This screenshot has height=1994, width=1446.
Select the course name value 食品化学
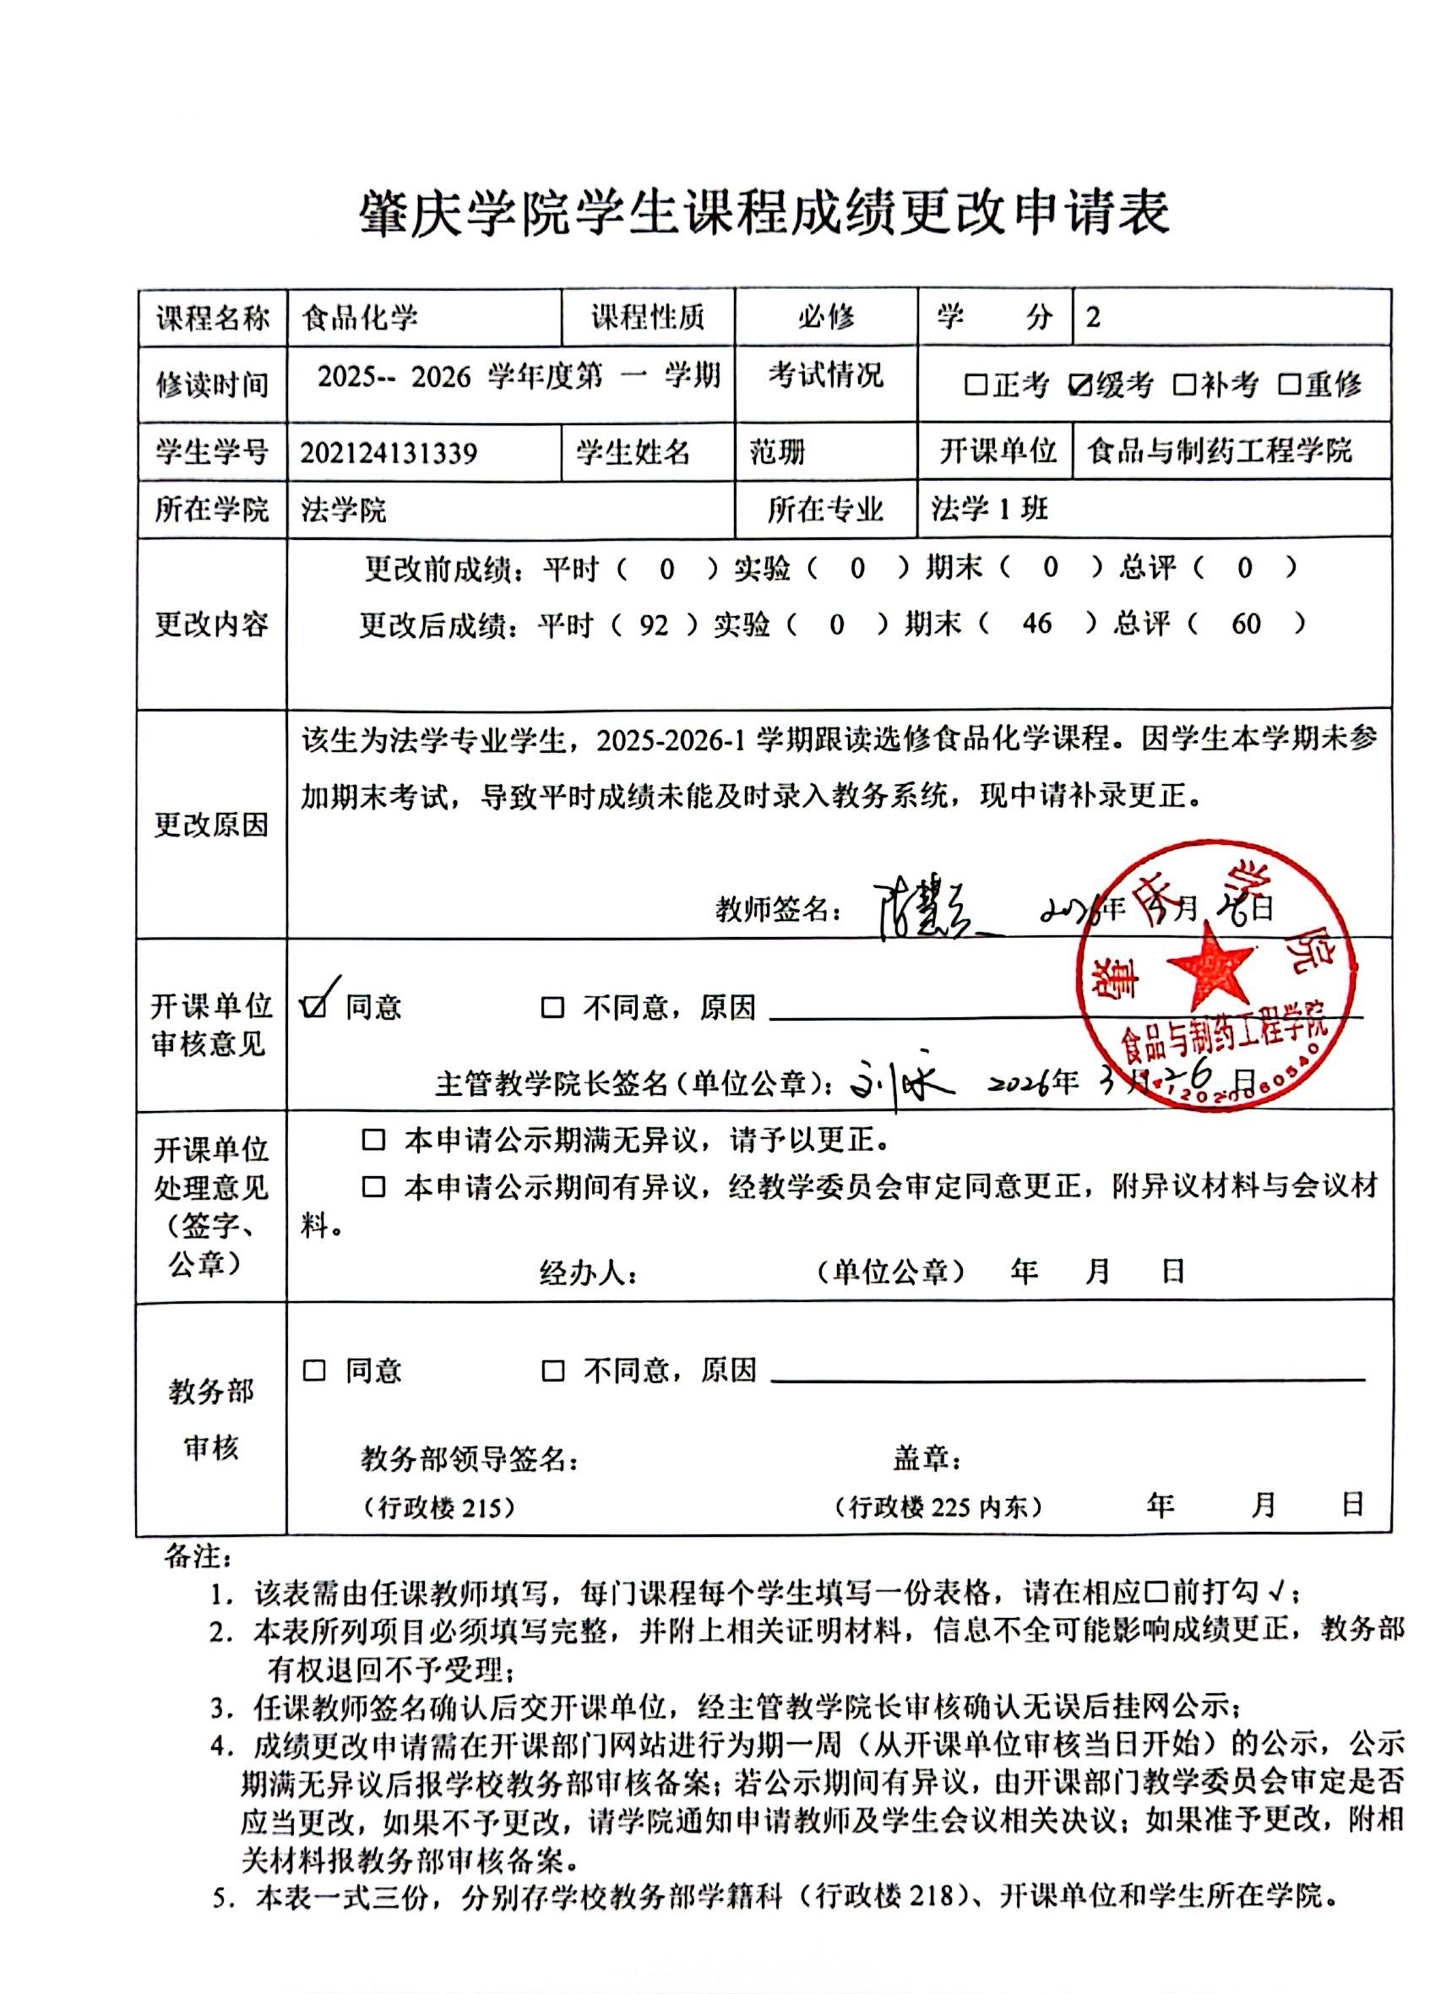pos(360,319)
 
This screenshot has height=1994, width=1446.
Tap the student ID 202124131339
pos(389,453)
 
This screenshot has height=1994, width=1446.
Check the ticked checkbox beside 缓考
pos(1080,385)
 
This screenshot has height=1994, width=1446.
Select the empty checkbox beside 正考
pos(976,385)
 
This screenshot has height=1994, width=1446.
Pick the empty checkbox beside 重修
pos(1290,385)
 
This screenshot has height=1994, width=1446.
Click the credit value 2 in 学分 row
pos(1093,318)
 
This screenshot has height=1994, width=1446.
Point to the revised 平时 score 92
pos(653,624)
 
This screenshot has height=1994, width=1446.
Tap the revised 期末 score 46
pos(1036,624)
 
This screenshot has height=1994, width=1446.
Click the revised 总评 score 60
pos(1246,624)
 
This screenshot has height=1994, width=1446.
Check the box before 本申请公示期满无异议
pos(373,1141)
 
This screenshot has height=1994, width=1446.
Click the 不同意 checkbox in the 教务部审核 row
pos(553,1370)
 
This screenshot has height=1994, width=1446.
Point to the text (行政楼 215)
pos(438,1508)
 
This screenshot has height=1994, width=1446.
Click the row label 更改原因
pos(211,825)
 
